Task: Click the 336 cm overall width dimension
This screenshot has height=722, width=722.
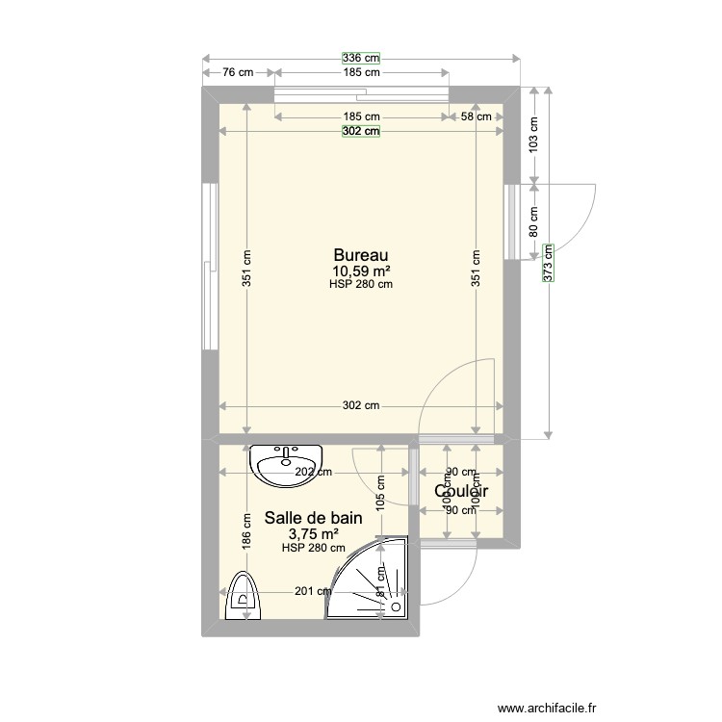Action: [x=361, y=60]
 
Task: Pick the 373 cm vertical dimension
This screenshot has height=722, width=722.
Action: [x=548, y=260]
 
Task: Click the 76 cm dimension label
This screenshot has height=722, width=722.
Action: [x=238, y=72]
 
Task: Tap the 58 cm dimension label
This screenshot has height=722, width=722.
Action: [x=476, y=116]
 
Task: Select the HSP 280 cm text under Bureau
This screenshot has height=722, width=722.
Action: [x=361, y=284]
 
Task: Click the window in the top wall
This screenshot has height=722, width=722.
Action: [x=362, y=93]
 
